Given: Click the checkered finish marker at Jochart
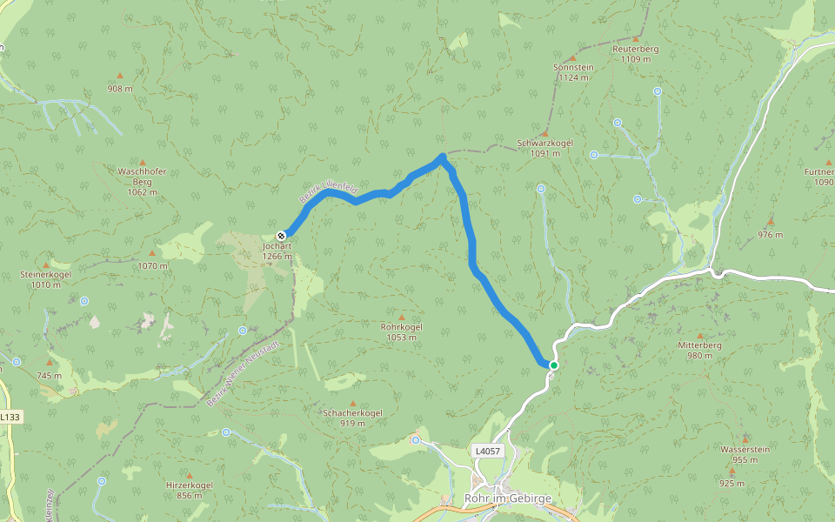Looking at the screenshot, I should pyautogui.click(x=282, y=235).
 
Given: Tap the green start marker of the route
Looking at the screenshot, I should pyautogui.click(x=553, y=365).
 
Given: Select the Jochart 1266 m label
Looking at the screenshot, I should pyautogui.click(x=277, y=251).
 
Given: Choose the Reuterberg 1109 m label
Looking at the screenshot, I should pyautogui.click(x=635, y=54).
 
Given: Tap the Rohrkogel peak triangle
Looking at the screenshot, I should pyautogui.click(x=401, y=317).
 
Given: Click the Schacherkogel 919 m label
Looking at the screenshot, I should pyautogui.click(x=352, y=418).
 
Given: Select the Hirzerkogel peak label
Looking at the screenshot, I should pyautogui.click(x=189, y=490).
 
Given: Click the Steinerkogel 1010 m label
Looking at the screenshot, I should pyautogui.click(x=45, y=279).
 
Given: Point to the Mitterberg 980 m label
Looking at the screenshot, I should pyautogui.click(x=700, y=350).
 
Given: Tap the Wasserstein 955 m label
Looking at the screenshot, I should pyautogui.click(x=745, y=454).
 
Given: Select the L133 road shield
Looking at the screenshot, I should pyautogui.click(x=10, y=418).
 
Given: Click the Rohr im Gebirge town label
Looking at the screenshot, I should pyautogui.click(x=508, y=499).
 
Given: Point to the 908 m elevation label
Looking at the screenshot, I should pyautogui.click(x=120, y=89).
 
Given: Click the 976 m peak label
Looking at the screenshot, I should pyautogui.click(x=770, y=235).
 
